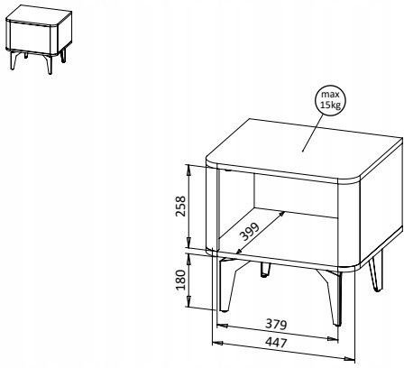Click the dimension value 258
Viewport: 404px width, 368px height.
181,207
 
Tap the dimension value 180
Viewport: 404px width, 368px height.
180,280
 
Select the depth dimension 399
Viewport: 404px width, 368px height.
250,232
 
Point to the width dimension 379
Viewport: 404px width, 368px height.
276,325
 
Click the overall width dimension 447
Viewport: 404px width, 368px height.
276,343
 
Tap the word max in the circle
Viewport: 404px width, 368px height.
330,95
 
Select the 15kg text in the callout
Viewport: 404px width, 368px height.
330,106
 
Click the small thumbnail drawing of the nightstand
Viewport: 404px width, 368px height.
39,39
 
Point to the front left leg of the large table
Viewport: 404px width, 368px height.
226,284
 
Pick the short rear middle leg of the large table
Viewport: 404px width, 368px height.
265,270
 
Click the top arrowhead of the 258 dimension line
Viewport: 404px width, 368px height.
188,170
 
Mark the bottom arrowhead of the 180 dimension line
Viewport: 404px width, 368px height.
188,302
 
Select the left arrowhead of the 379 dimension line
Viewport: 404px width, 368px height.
222,326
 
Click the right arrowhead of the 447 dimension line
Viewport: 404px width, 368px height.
350,358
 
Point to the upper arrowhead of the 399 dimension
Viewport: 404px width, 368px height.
281,215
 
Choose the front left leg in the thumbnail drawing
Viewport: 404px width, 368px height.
14,60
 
